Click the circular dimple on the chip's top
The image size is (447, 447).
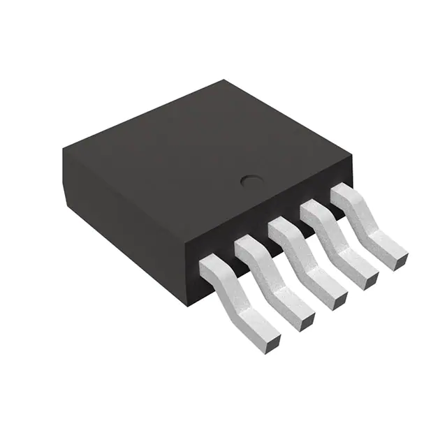[250, 182]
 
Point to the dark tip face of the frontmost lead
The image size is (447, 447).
[274, 342]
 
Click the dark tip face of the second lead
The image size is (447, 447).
[307, 319]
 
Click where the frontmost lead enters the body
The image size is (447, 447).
[210, 264]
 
